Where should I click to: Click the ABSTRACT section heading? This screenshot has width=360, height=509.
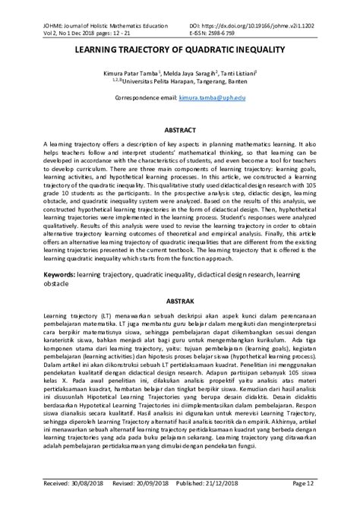pos(180,130)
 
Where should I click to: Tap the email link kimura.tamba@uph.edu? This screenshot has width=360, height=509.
pos(212,98)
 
